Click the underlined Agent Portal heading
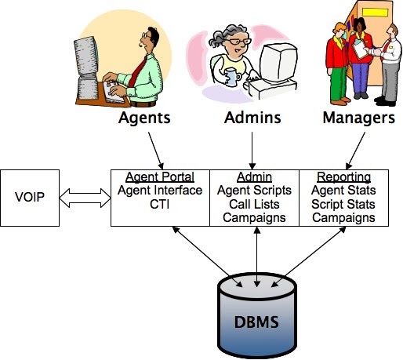[x=159, y=176]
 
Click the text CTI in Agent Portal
[x=159, y=203]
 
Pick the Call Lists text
[x=253, y=203]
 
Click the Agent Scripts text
[x=253, y=190]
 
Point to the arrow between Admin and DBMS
[x=253, y=250]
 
